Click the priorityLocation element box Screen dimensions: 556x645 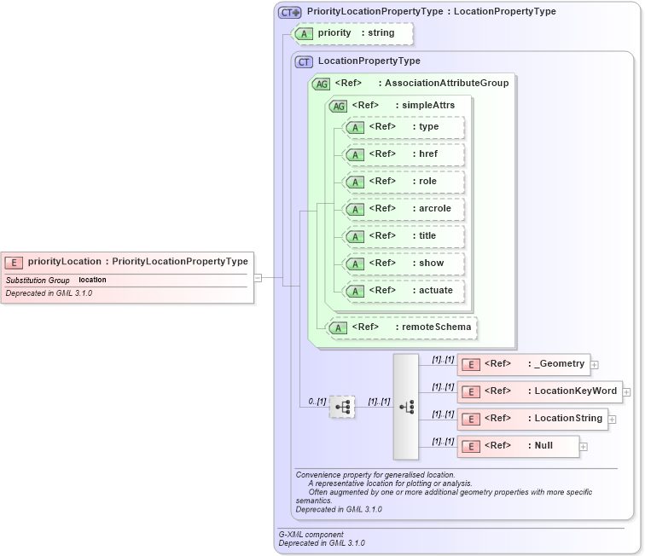click(x=127, y=262)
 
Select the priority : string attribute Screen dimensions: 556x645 click(x=353, y=33)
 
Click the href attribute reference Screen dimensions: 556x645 click(x=404, y=154)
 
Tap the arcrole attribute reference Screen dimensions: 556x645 click(x=404, y=209)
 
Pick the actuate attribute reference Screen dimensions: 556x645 click(x=404, y=290)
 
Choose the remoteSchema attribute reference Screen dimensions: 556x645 click(x=402, y=327)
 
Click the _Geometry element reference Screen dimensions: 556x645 click(x=523, y=364)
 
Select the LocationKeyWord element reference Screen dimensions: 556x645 click(x=539, y=391)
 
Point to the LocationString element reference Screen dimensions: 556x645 click(x=532, y=419)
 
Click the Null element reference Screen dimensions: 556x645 click(x=518, y=446)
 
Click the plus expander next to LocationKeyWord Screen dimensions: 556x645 click(x=626, y=392)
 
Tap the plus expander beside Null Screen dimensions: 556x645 click(x=584, y=447)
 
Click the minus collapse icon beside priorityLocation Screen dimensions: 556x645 click(x=258, y=277)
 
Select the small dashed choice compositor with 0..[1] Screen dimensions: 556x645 click(x=342, y=407)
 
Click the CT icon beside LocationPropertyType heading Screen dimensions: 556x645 click(x=305, y=61)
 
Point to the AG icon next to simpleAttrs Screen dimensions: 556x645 click(x=339, y=106)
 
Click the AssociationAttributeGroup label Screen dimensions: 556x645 click(x=446, y=83)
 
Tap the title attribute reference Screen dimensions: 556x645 click(x=404, y=236)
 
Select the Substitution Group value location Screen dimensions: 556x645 click(x=92, y=280)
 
